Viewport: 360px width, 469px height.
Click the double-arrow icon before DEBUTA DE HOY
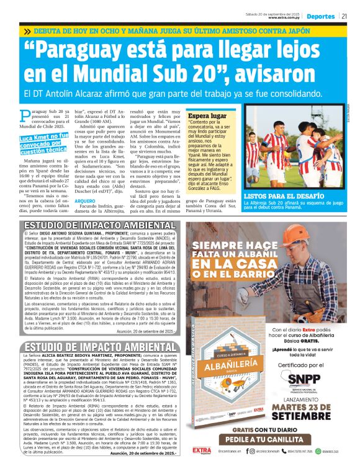tap(28, 31)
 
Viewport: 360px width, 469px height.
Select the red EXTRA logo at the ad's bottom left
tap(202, 451)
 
